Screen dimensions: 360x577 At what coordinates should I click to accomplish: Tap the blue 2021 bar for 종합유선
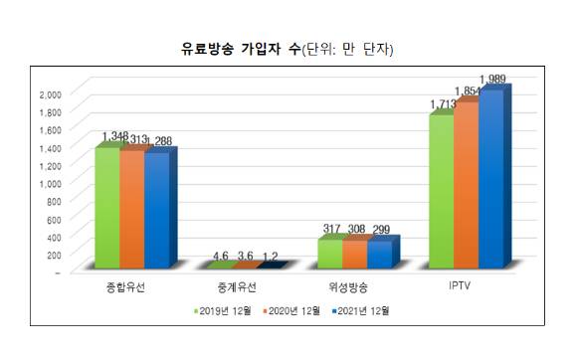point(156,210)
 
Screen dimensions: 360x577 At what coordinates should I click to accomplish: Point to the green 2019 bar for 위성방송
point(329,253)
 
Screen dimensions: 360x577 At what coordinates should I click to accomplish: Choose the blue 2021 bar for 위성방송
point(379,254)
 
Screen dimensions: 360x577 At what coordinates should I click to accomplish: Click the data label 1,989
point(494,79)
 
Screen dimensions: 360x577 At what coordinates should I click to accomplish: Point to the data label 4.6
point(222,256)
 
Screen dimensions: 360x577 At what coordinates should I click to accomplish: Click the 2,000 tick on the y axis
point(49,92)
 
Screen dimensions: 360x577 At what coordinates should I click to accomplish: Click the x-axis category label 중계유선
point(235,289)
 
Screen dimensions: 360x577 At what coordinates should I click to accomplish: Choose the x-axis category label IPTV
point(460,288)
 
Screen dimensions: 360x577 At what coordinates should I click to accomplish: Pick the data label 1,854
point(469,90)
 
